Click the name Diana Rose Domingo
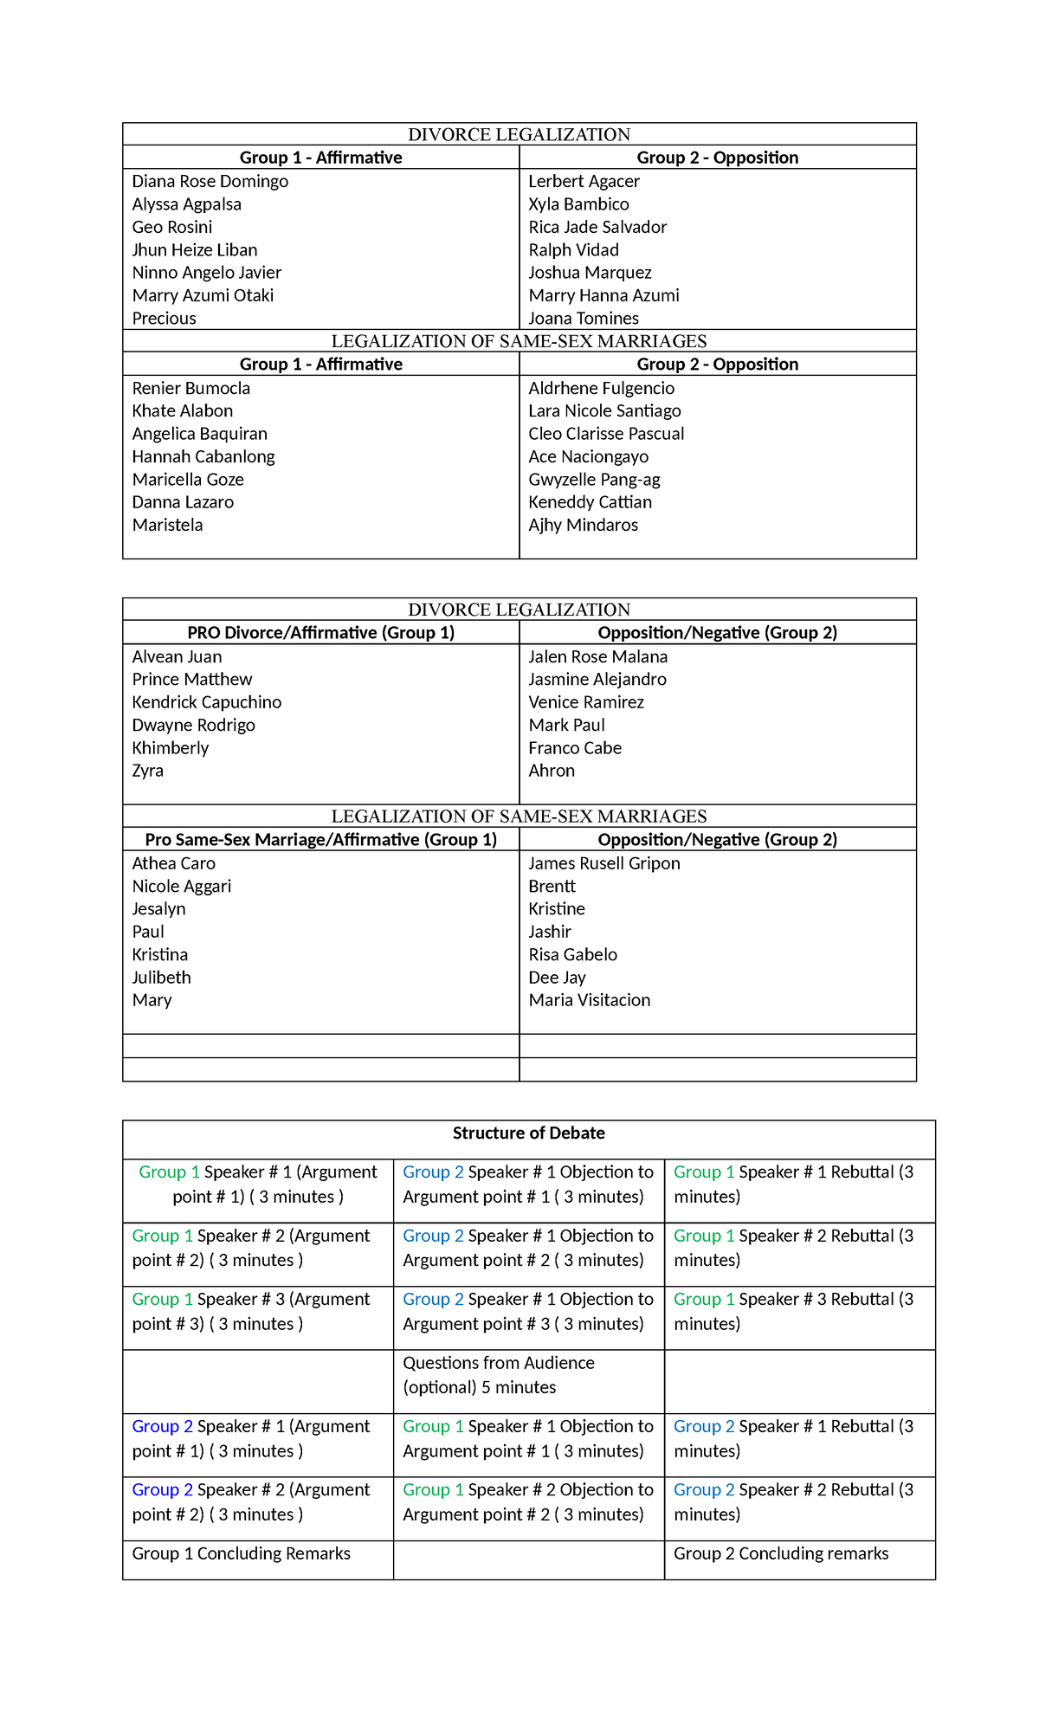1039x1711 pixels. click(x=210, y=182)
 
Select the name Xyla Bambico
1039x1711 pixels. click(x=578, y=204)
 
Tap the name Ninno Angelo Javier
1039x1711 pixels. click(x=206, y=273)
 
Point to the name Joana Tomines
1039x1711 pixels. click(x=584, y=319)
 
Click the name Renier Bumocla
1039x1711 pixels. click(x=190, y=389)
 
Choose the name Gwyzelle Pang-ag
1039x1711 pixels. click(x=594, y=480)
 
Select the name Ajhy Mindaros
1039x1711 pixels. click(x=583, y=526)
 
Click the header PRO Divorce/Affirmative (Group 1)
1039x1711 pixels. click(x=320, y=633)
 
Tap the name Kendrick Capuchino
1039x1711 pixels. click(x=206, y=702)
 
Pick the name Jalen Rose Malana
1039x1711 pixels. click(x=597, y=657)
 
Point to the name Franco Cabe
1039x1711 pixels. click(x=575, y=748)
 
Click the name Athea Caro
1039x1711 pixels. click(x=173, y=863)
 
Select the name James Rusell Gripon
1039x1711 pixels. click(x=603, y=863)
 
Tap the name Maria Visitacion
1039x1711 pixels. click(x=589, y=1000)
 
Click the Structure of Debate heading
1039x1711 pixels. click(x=528, y=1133)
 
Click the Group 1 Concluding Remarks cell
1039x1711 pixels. click(x=241, y=1553)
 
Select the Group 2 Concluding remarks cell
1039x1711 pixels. click(x=781, y=1553)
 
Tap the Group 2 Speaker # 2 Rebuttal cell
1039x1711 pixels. click(x=793, y=1502)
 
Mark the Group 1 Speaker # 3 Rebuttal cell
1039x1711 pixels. click(x=793, y=1312)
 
